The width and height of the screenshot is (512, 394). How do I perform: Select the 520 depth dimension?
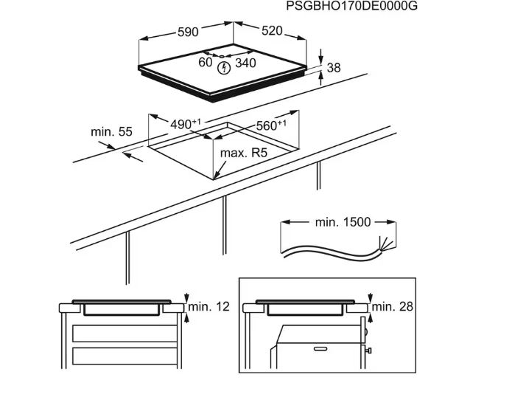[x=271, y=30]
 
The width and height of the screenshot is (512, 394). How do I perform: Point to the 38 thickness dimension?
[x=334, y=68]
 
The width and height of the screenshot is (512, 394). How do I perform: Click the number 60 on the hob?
[x=206, y=63]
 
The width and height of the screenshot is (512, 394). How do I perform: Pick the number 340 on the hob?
[x=245, y=63]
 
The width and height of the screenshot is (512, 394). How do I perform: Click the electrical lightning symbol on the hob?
[x=225, y=67]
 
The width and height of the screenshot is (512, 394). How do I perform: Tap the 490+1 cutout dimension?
[x=186, y=125]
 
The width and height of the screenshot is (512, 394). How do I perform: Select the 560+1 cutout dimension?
[x=271, y=125]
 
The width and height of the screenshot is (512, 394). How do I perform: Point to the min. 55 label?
[x=111, y=131]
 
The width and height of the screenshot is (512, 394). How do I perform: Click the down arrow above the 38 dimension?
[x=322, y=56]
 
